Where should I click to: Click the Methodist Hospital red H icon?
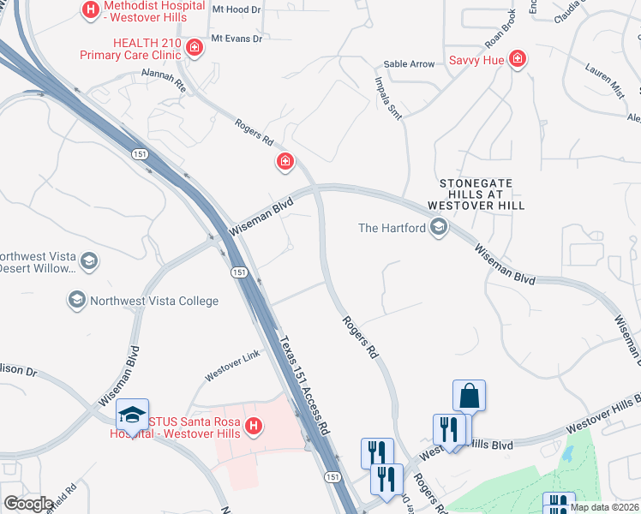90,11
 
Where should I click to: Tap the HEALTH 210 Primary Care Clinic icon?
195,46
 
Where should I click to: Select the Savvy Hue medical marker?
517,59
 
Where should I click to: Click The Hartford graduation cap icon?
439,227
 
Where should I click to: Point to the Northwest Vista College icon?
76,300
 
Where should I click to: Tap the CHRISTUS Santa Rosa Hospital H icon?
253,425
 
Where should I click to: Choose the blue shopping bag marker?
469,396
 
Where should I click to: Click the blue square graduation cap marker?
132,415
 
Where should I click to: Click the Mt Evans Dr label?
236,39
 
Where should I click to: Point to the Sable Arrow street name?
409,64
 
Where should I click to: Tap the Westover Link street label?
231,371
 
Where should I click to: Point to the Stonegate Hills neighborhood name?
481,194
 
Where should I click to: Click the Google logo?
28,503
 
